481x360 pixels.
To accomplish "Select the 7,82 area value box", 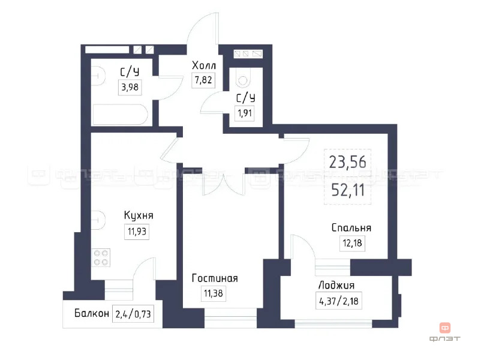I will tap(203, 80).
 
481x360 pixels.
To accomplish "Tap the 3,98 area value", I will tap(130, 88).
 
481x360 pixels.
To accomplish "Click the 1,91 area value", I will tap(244, 112).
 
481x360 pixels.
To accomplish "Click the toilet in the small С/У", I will tap(242, 77).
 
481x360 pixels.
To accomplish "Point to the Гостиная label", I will tap(215, 278).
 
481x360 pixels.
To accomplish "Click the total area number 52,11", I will tap(347, 191).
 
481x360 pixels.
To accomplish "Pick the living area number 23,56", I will tap(347, 161).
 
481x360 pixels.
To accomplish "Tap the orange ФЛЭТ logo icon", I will tap(445, 328).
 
